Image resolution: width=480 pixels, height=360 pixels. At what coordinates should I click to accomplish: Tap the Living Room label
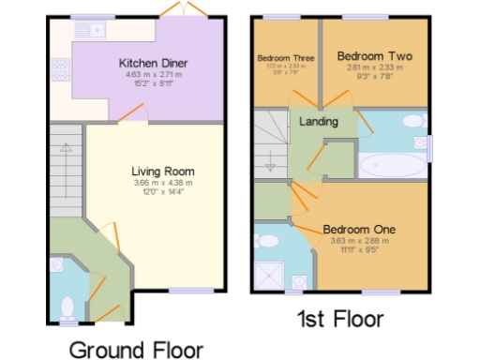pos(162,172)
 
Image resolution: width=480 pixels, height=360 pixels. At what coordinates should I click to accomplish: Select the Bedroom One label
pos(359,230)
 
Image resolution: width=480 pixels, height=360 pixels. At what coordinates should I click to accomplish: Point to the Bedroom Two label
pos(371,55)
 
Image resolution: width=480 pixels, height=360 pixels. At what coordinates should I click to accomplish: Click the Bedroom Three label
pos(285,58)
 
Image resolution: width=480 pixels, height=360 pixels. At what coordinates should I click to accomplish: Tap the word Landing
pos(319,122)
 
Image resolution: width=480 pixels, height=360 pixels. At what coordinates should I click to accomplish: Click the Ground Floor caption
pos(136,350)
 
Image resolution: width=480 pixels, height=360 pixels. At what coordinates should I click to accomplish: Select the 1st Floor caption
pos(339,319)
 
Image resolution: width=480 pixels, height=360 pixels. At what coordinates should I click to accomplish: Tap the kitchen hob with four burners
pos(61,69)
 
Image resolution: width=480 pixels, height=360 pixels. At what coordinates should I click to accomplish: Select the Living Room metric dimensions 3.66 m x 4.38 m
pos(162,183)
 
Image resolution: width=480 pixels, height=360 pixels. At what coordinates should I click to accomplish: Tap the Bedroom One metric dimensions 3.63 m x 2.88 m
pos(359,241)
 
